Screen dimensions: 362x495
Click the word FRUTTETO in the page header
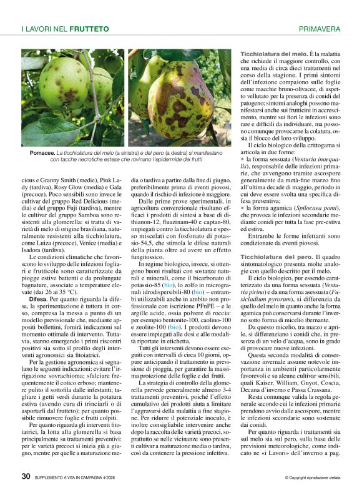click(x=89, y=29)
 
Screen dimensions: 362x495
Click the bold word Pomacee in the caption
click(x=41, y=152)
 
